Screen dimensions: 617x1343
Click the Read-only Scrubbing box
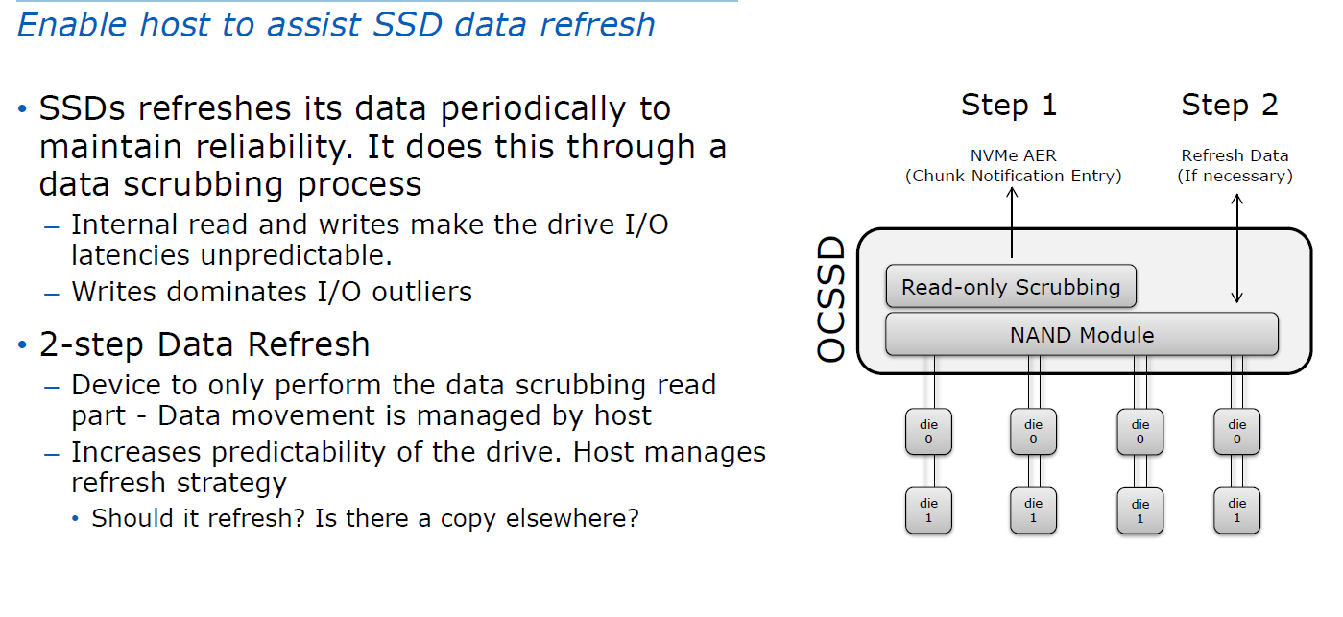1010,287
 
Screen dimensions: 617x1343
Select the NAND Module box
1081,335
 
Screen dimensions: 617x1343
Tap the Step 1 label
1008,105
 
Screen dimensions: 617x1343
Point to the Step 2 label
1229,105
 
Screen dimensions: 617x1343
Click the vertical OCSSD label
831,300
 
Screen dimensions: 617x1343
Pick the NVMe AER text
1013,155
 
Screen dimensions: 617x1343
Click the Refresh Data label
1235,155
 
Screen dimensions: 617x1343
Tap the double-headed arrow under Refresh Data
1237,248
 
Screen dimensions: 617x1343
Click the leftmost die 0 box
927,432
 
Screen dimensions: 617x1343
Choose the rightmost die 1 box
1236,510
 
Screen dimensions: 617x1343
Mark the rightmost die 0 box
1236,432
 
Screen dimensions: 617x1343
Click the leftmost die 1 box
927,510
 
